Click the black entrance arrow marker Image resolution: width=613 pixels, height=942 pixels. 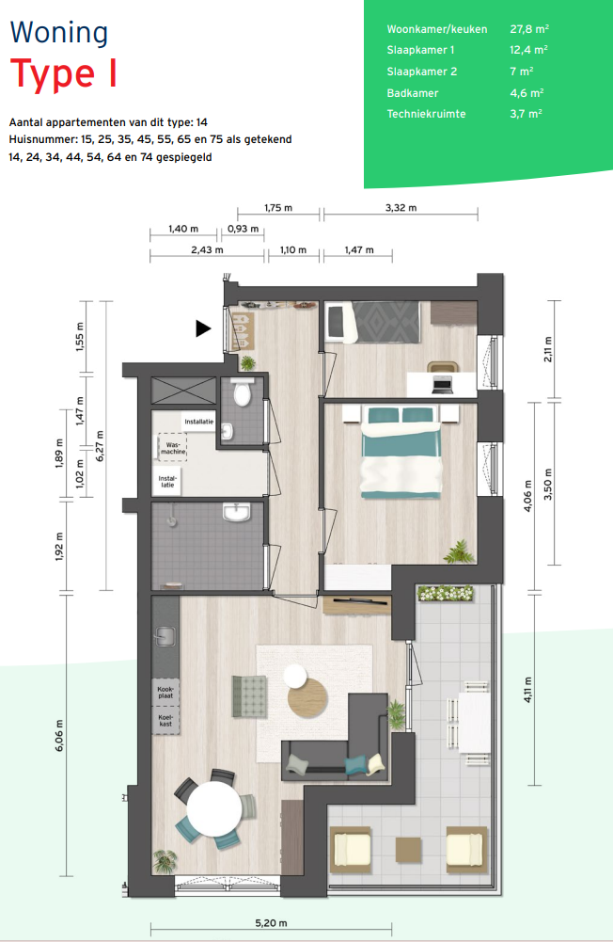[x=203, y=328]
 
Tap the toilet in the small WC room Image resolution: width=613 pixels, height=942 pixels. [x=242, y=391]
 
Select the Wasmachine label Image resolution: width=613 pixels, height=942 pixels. [x=173, y=448]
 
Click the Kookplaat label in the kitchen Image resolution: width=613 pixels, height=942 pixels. [x=165, y=692]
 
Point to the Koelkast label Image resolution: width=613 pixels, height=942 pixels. [x=165, y=720]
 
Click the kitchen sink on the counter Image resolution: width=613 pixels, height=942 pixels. [x=165, y=636]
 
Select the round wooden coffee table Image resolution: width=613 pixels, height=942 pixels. [x=308, y=697]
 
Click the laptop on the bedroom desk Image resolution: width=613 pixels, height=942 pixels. [x=442, y=385]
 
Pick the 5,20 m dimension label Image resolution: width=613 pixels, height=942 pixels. [x=271, y=923]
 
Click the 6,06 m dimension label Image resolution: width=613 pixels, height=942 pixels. [x=59, y=735]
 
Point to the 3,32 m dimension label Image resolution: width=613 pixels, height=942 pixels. [x=401, y=208]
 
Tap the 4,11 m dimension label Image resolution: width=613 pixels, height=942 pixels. [x=527, y=690]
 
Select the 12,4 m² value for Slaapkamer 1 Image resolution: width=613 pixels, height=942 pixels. [x=528, y=50]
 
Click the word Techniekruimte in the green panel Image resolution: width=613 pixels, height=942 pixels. [x=426, y=114]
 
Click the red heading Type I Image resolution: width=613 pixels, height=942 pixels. [x=63, y=74]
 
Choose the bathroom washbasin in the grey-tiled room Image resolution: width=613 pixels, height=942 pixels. [x=237, y=511]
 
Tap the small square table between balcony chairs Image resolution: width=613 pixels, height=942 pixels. [x=408, y=850]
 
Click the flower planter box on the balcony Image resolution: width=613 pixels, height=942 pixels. [x=446, y=594]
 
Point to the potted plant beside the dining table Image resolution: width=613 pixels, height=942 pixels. [x=165, y=860]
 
